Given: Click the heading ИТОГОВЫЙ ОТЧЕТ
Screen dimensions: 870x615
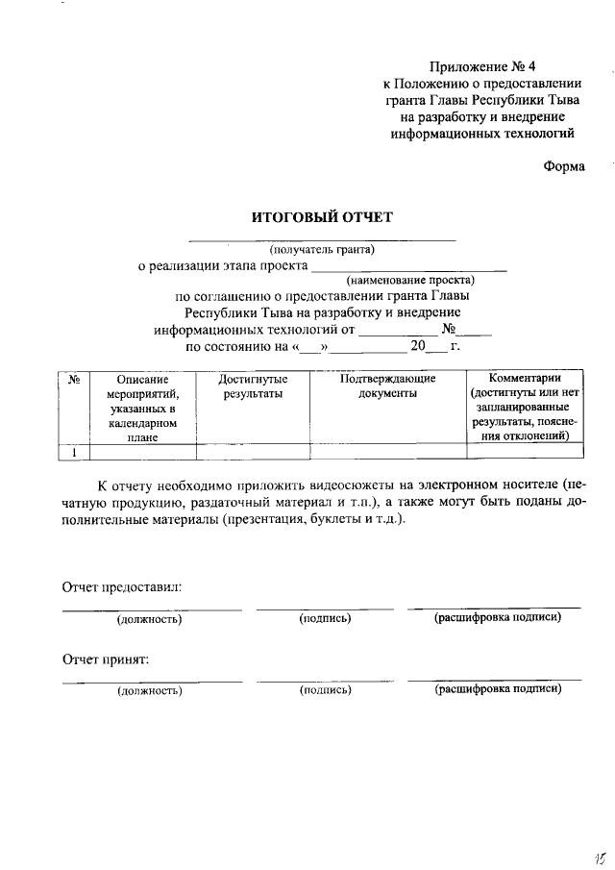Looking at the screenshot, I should (x=322, y=217).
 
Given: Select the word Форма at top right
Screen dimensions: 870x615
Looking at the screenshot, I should (x=564, y=164).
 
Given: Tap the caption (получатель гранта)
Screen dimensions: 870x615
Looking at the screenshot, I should (x=321, y=250).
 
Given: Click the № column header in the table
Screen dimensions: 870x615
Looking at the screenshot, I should (x=74, y=379).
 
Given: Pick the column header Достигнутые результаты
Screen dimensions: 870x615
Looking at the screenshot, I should (x=253, y=386).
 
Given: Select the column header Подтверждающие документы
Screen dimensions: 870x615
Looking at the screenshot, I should (x=387, y=386).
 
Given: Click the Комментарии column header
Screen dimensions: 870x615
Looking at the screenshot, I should (x=524, y=378).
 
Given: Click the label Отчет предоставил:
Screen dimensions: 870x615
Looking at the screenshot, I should (x=122, y=585).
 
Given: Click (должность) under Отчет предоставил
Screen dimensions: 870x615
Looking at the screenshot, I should (x=150, y=618).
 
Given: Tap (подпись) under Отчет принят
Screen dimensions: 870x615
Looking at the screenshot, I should (x=325, y=690).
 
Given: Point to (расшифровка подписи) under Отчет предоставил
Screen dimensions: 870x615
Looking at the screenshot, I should (x=497, y=617).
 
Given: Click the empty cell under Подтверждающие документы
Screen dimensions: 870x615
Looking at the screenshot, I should (x=387, y=452).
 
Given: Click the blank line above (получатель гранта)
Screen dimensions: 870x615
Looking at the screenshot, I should (x=321, y=238).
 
